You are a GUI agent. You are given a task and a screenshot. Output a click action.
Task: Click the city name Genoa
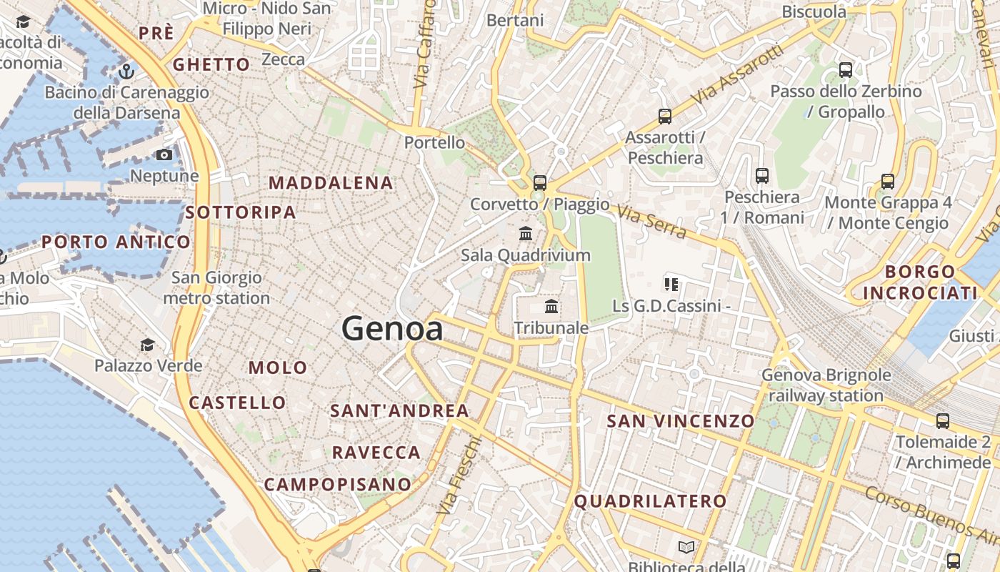tap(392, 329)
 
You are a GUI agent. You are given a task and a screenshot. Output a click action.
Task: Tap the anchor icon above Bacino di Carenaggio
tap(126, 71)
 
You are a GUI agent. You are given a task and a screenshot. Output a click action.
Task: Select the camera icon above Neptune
tap(164, 154)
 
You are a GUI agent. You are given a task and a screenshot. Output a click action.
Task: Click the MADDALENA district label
tap(331, 183)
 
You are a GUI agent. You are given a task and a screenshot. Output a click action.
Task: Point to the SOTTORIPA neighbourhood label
tap(240, 212)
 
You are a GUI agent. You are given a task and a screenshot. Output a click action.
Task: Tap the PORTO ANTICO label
tap(116, 242)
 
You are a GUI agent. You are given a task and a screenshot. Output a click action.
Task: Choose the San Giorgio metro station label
tap(216, 287)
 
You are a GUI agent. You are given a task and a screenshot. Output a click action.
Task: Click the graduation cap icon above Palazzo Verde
tap(147, 345)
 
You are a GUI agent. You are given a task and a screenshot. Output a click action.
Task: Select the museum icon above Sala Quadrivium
tap(526, 233)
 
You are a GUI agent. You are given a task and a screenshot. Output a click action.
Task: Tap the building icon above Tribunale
tap(551, 307)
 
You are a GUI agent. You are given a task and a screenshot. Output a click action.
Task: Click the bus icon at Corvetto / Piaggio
tap(540, 182)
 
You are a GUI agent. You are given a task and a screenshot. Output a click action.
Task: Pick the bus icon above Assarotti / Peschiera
tap(665, 116)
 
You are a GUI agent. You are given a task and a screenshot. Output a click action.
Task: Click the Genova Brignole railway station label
tap(826, 385)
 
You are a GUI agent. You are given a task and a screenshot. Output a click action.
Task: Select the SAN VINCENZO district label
tap(680, 421)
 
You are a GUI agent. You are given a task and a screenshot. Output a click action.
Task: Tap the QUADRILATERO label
tap(650, 501)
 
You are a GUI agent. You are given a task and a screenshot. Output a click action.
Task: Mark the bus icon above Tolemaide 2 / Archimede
tap(943, 420)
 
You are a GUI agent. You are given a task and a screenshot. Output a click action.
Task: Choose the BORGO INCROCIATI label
tap(920, 282)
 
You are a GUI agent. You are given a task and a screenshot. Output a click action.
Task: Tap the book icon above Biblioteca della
tap(686, 547)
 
